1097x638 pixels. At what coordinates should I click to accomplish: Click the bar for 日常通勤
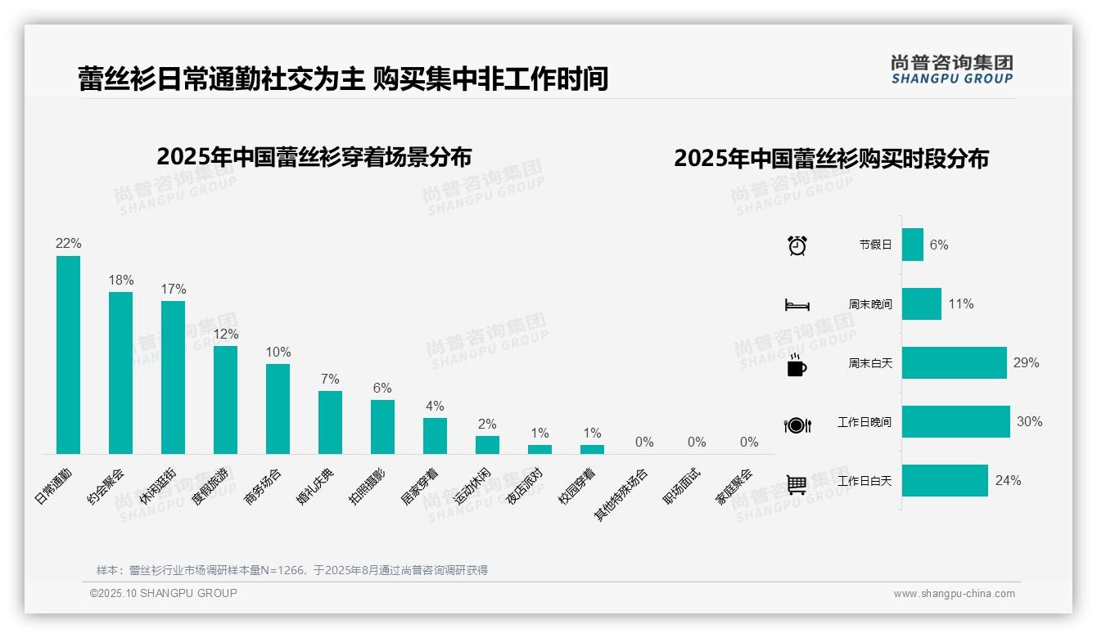[68, 355]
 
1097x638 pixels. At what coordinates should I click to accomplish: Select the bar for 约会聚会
[120, 373]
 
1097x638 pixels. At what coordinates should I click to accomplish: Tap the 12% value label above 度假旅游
[226, 335]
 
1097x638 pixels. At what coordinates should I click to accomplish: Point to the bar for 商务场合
[278, 409]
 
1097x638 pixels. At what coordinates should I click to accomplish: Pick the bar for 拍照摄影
[382, 427]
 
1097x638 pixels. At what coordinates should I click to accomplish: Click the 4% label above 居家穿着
[435, 407]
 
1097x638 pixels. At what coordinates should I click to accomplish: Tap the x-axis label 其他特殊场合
[621, 494]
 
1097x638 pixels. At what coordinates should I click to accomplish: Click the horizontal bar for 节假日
[913, 245]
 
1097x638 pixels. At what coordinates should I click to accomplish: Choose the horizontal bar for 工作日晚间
[956, 422]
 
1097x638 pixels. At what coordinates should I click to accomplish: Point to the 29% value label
[1026, 363]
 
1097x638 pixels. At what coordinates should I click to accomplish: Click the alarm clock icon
[797, 245]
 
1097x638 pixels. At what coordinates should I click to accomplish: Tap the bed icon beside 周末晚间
[797, 305]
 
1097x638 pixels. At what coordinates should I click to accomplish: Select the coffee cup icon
[797, 365]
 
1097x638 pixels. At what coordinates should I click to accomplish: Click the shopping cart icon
[797, 484]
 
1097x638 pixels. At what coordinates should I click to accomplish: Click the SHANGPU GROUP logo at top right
[951, 70]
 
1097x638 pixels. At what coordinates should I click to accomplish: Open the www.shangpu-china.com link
[954, 594]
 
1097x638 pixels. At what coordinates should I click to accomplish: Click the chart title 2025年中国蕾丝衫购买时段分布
[831, 159]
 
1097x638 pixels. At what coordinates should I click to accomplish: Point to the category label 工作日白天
[865, 481]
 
